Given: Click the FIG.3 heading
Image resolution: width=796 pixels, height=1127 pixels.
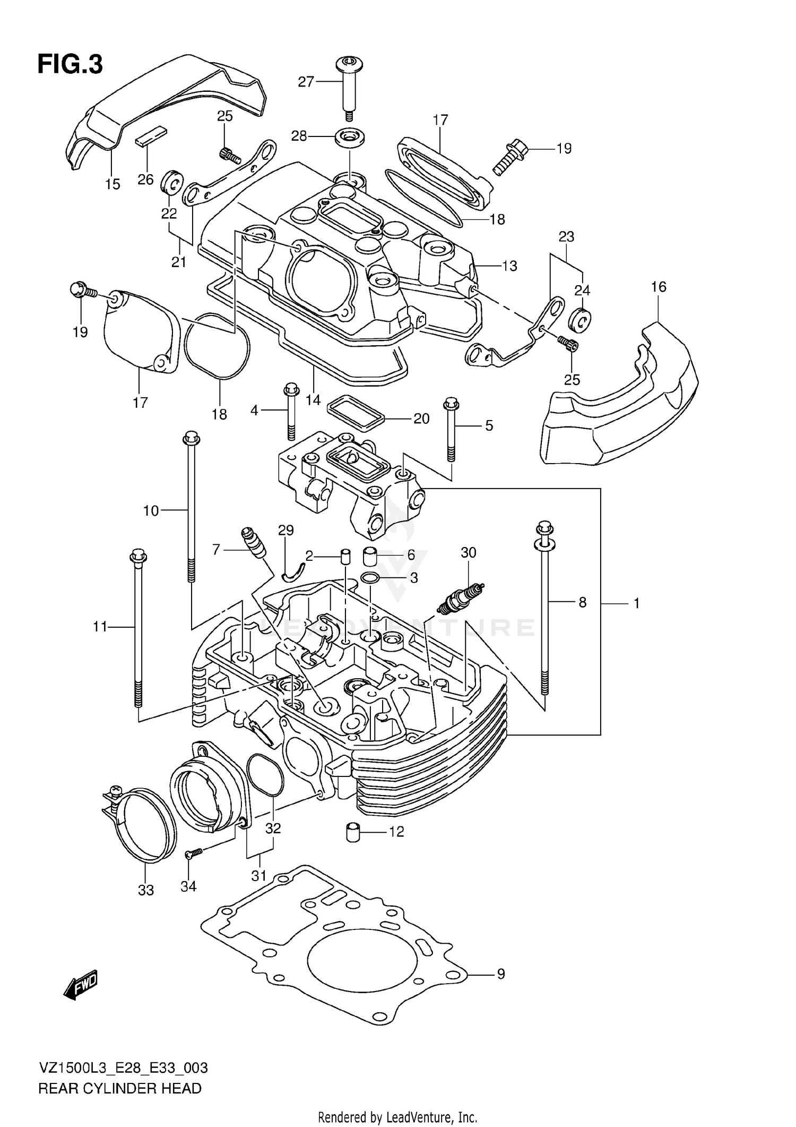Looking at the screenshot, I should pyautogui.click(x=70, y=65).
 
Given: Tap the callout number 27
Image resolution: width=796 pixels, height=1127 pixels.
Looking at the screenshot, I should pyautogui.click(x=306, y=81).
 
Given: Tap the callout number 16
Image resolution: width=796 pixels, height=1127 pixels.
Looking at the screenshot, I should pyautogui.click(x=658, y=287).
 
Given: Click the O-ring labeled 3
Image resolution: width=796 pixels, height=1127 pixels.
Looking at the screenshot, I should pyautogui.click(x=369, y=578).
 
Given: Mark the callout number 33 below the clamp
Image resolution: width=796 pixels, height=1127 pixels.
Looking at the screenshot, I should pyautogui.click(x=146, y=890).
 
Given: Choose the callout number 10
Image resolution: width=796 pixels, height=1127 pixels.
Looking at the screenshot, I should pyautogui.click(x=151, y=510).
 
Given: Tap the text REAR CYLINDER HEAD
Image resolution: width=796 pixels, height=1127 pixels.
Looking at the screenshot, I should pyautogui.click(x=120, y=1088).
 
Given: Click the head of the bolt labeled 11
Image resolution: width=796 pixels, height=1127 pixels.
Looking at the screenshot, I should pyautogui.click(x=137, y=557).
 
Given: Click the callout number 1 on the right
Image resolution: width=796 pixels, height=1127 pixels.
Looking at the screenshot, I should pyautogui.click(x=636, y=603).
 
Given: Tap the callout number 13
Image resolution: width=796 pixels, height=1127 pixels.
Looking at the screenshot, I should pyautogui.click(x=509, y=266).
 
